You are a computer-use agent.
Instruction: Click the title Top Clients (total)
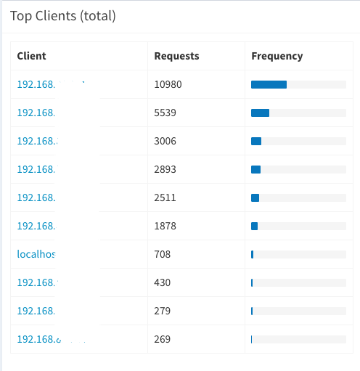tap(62, 15)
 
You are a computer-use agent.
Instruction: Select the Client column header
tap(31, 56)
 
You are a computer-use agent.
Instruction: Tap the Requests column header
tap(176, 56)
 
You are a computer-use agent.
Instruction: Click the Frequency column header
tap(277, 56)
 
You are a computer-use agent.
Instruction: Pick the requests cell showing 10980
tap(168, 84)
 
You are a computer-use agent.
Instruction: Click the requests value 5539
tap(165, 113)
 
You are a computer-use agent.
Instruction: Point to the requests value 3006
tap(165, 141)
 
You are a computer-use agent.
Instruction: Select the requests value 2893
tap(165, 169)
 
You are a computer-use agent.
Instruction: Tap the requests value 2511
tap(165, 197)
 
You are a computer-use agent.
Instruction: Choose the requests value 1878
tap(165, 226)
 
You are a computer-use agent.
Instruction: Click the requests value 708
tap(163, 254)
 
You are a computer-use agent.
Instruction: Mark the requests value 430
tap(163, 282)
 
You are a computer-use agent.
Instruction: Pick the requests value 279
tap(163, 311)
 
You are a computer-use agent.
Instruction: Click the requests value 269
tap(163, 339)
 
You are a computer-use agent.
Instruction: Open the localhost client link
tap(37, 254)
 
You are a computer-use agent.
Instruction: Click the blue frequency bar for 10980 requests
tap(269, 84)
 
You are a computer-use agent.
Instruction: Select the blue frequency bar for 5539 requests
tap(260, 113)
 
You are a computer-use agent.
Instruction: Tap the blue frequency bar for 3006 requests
tap(256, 141)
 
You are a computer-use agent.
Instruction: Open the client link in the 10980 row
tap(36, 84)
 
